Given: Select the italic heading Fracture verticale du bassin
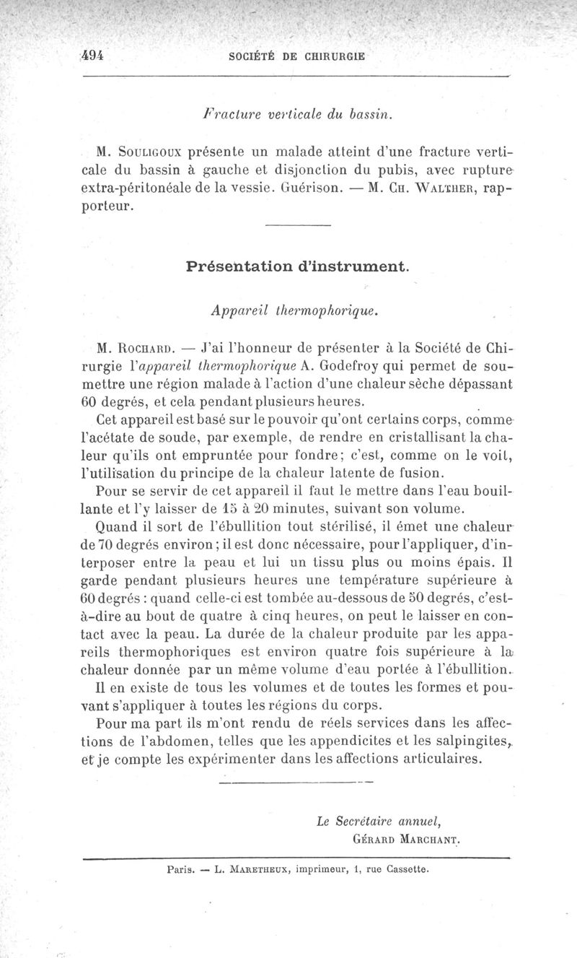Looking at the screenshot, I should (299, 113).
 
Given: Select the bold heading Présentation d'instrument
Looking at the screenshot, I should (298, 266).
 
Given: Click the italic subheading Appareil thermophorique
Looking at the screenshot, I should (295, 310).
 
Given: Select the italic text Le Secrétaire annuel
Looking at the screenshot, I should (378, 820).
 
